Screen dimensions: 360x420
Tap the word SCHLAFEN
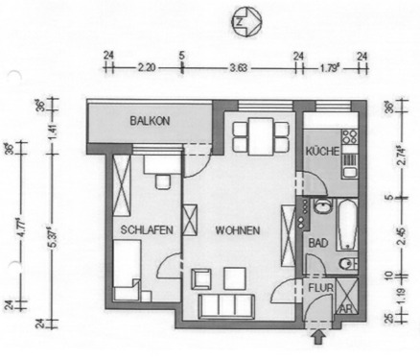[x=146, y=229]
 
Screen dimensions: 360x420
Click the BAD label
[x=315, y=243]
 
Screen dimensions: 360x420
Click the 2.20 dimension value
[x=147, y=68]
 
